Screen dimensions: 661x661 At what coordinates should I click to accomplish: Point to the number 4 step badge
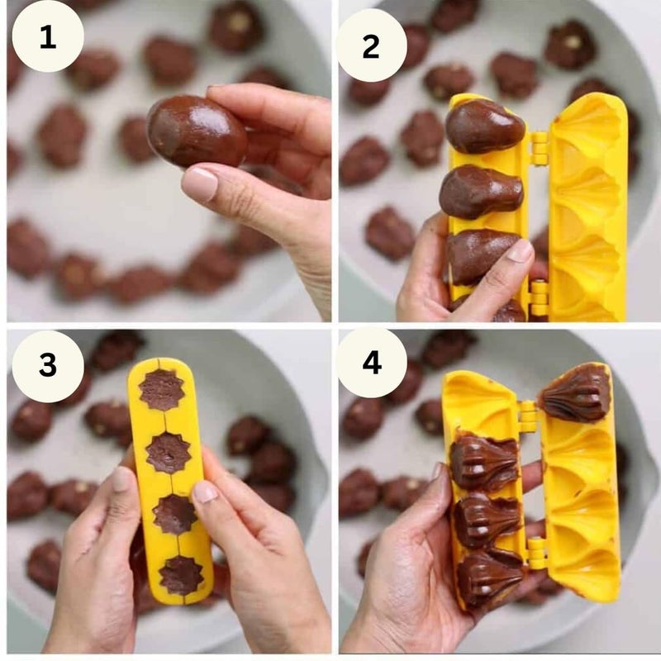(372, 362)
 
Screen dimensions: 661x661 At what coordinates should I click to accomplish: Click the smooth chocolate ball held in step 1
(197, 131)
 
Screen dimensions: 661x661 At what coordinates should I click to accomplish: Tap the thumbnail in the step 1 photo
(200, 183)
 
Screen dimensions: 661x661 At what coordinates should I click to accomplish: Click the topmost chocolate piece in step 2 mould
(485, 126)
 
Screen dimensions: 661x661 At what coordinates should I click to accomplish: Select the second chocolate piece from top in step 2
(481, 192)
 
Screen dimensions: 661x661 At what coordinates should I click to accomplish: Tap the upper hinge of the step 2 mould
(540, 148)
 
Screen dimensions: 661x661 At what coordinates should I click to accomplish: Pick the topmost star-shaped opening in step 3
(162, 389)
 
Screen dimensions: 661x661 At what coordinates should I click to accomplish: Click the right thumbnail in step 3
(204, 492)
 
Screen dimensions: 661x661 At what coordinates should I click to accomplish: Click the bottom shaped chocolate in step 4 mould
(489, 577)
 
